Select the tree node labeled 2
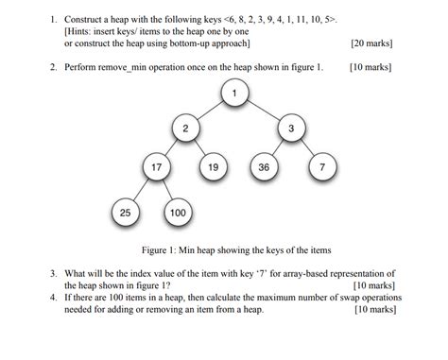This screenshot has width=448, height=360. click(185, 128)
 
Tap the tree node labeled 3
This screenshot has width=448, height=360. click(291, 128)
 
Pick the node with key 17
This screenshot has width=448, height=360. click(155, 168)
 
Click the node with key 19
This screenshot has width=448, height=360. click(214, 168)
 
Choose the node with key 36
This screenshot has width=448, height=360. click(264, 168)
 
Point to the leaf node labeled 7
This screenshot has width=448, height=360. click(322, 168)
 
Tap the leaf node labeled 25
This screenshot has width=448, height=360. click(125, 213)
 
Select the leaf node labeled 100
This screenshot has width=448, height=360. click(178, 213)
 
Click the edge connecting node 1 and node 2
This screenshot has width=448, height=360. click(209, 110)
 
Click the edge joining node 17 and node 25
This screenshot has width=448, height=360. click(140, 191)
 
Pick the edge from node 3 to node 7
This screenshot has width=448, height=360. click(307, 148)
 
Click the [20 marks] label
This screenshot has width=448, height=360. click(371, 43)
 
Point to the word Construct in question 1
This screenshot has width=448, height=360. click(86, 18)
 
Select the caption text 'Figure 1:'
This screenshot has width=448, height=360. click(162, 250)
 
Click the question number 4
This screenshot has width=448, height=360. click(54, 297)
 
